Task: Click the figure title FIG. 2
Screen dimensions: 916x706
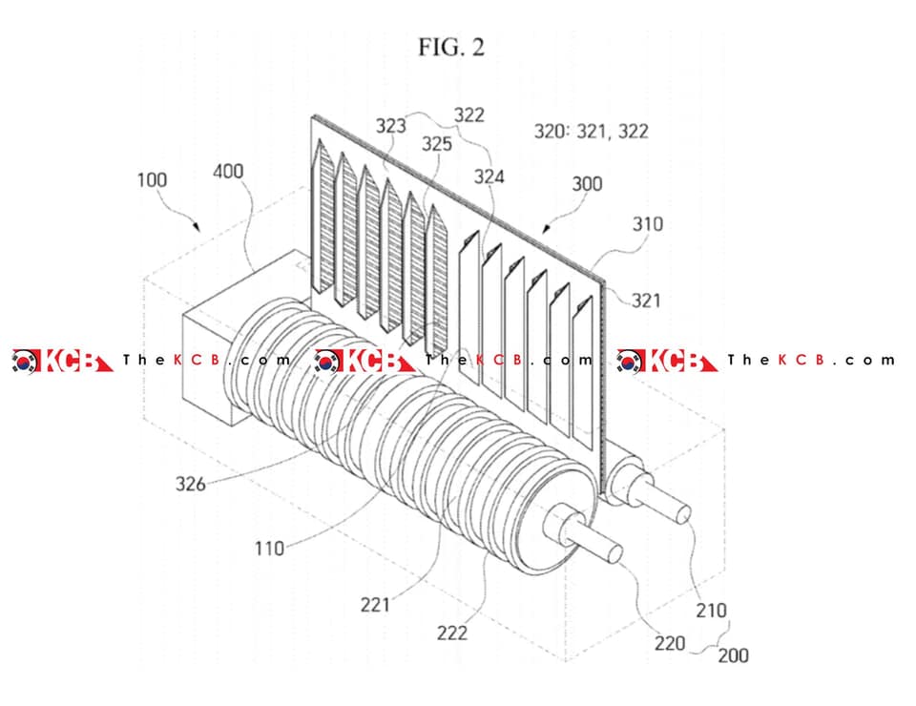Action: (x=451, y=48)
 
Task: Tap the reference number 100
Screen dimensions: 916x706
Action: (x=152, y=179)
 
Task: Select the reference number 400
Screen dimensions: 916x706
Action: (x=228, y=171)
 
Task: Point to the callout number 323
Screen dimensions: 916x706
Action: (x=390, y=126)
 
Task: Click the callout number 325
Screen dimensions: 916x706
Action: (x=437, y=144)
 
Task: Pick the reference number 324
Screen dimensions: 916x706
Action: (x=489, y=176)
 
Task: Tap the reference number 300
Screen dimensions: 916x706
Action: (x=587, y=184)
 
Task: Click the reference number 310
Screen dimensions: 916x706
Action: (x=647, y=223)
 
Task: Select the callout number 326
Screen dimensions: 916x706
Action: (x=191, y=484)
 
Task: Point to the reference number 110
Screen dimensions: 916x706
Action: (x=269, y=549)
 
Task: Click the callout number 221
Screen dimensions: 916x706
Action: (x=374, y=604)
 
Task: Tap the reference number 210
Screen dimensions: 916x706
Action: (x=711, y=611)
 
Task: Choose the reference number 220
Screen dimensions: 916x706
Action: (x=670, y=643)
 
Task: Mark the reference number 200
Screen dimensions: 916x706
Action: (x=733, y=655)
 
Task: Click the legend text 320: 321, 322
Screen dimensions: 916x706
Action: (x=592, y=131)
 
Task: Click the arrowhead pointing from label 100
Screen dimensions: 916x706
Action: (x=197, y=226)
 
